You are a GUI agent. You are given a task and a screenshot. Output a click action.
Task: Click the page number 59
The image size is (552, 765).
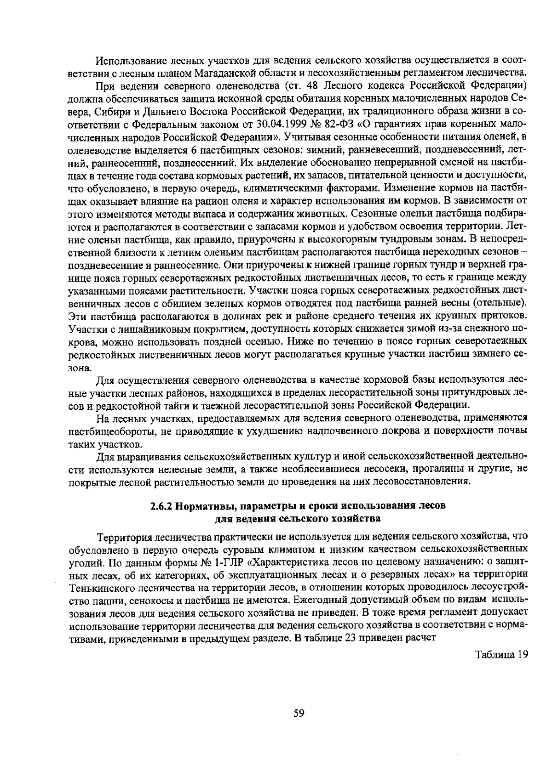pos(299,713)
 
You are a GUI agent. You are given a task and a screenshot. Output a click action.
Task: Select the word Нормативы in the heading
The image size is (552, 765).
pos(205,506)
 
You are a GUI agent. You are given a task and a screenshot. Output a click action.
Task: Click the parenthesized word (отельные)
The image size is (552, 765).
pos(499,304)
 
